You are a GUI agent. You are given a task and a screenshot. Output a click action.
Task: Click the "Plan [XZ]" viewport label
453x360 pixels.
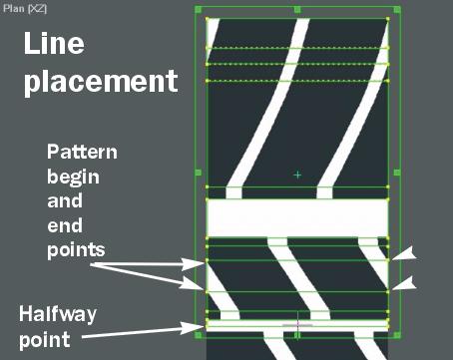click(25, 9)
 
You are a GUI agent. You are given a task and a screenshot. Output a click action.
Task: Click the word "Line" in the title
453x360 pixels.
click(54, 44)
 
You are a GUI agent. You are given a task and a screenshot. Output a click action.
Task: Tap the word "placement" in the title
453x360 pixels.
click(101, 82)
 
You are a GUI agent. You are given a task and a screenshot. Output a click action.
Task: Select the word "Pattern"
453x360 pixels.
click(82, 152)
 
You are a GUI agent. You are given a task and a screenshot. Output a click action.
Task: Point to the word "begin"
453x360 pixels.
click(73, 177)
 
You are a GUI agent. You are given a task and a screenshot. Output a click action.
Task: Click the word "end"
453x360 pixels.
click(65, 226)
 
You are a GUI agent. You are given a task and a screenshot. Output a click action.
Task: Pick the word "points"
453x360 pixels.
click(76, 250)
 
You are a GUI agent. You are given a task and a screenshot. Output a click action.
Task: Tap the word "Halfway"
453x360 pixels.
click(58, 314)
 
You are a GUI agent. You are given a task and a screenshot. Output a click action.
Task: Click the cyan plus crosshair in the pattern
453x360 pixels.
click(297, 175)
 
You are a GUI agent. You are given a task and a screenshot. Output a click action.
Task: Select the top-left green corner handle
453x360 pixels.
click(198, 9)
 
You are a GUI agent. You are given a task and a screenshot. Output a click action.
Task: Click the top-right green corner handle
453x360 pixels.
click(397, 10)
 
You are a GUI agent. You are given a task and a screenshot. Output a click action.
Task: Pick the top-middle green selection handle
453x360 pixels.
click(297, 9)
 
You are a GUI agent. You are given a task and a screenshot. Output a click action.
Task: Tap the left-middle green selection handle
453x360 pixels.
click(198, 173)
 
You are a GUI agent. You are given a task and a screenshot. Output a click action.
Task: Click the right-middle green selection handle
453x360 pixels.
click(397, 173)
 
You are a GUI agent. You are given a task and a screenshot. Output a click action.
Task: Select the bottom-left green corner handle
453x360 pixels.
click(198, 335)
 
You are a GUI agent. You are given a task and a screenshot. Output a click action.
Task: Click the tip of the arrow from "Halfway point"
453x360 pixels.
click(204, 327)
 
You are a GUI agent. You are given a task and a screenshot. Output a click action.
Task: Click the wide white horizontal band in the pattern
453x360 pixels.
click(297, 218)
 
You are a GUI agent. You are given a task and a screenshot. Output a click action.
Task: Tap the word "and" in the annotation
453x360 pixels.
click(65, 201)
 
